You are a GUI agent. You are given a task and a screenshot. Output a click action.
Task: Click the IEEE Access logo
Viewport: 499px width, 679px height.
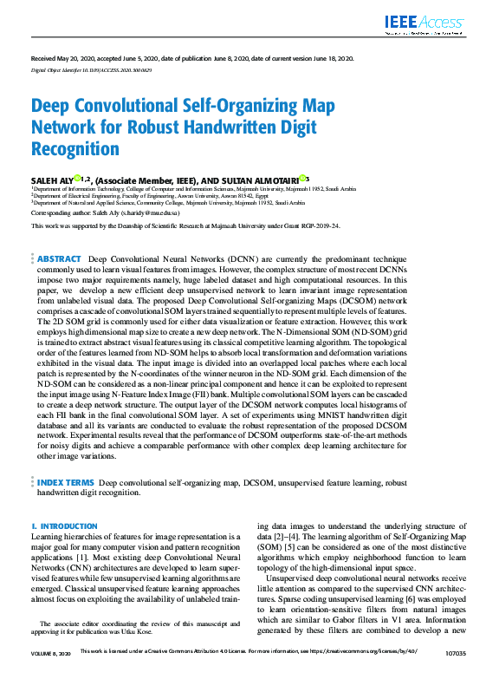(x=428, y=23)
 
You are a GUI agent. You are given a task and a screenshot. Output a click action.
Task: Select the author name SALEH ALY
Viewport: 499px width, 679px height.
(x=52, y=179)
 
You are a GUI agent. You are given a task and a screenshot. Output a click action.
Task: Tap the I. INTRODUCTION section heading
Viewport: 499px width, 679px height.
(x=64, y=526)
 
